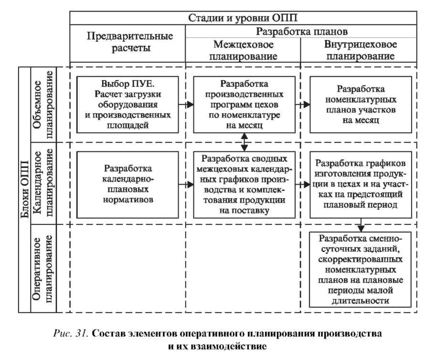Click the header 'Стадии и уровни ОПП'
click(243, 18)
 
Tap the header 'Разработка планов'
click(302, 32)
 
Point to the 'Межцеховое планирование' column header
click(243, 50)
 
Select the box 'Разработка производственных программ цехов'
click(244, 104)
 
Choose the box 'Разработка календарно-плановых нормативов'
click(128, 184)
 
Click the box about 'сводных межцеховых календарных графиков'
click(244, 184)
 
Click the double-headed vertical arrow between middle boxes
click(244, 142)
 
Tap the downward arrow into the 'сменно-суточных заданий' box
click(362, 225)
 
